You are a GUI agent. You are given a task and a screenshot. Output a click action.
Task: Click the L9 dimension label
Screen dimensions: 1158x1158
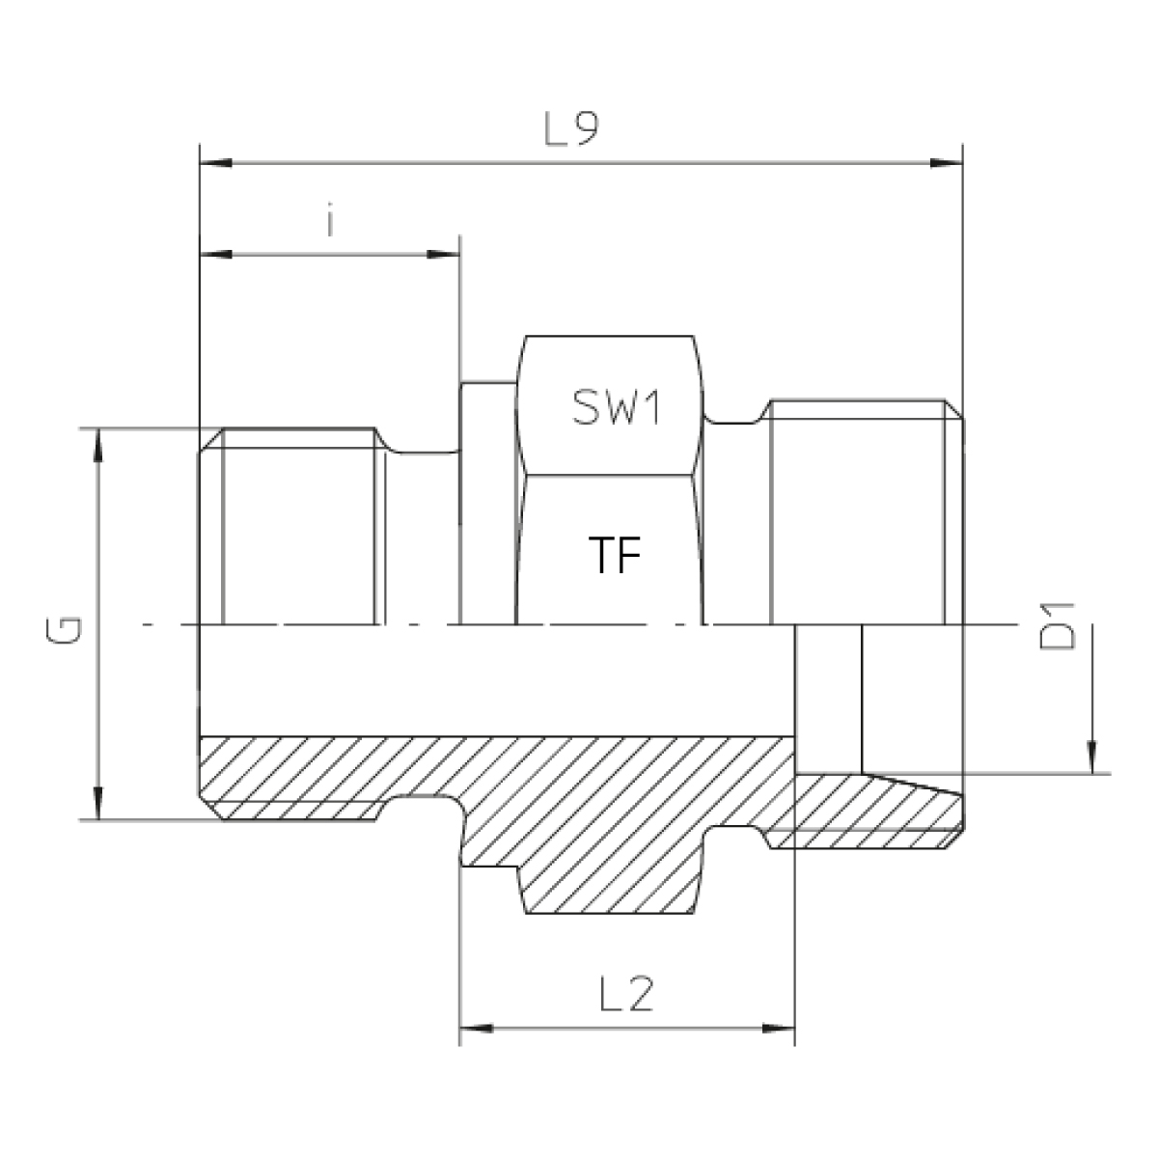[x=571, y=129]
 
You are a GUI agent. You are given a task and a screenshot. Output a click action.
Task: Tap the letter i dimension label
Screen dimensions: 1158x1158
[x=330, y=222]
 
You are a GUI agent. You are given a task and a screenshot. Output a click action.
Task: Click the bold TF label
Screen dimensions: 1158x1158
[x=615, y=555]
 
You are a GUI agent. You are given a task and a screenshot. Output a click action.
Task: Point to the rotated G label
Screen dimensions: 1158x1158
[x=63, y=630]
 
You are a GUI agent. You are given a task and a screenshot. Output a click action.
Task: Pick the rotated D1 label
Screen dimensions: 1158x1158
[x=1056, y=626]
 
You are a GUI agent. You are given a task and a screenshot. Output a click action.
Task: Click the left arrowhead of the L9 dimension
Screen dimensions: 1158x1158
[x=216, y=163]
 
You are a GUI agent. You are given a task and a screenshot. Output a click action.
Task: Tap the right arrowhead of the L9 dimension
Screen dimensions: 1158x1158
[x=946, y=163]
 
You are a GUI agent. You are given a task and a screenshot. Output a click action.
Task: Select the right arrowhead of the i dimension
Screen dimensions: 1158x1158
[x=444, y=254]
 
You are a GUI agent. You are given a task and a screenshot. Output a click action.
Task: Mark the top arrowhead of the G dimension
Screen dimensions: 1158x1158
[x=98, y=445]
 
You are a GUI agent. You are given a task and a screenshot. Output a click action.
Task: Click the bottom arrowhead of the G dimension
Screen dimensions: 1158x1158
[x=98, y=803]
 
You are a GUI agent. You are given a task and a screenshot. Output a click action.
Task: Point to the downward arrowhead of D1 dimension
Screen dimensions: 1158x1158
[x=1091, y=758]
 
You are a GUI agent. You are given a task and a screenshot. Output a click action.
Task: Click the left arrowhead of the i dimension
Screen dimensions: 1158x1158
[x=216, y=254]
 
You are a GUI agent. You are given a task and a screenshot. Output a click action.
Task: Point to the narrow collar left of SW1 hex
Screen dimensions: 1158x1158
[x=488, y=503]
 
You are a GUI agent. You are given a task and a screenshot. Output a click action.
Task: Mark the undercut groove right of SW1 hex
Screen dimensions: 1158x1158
[x=735, y=420]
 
